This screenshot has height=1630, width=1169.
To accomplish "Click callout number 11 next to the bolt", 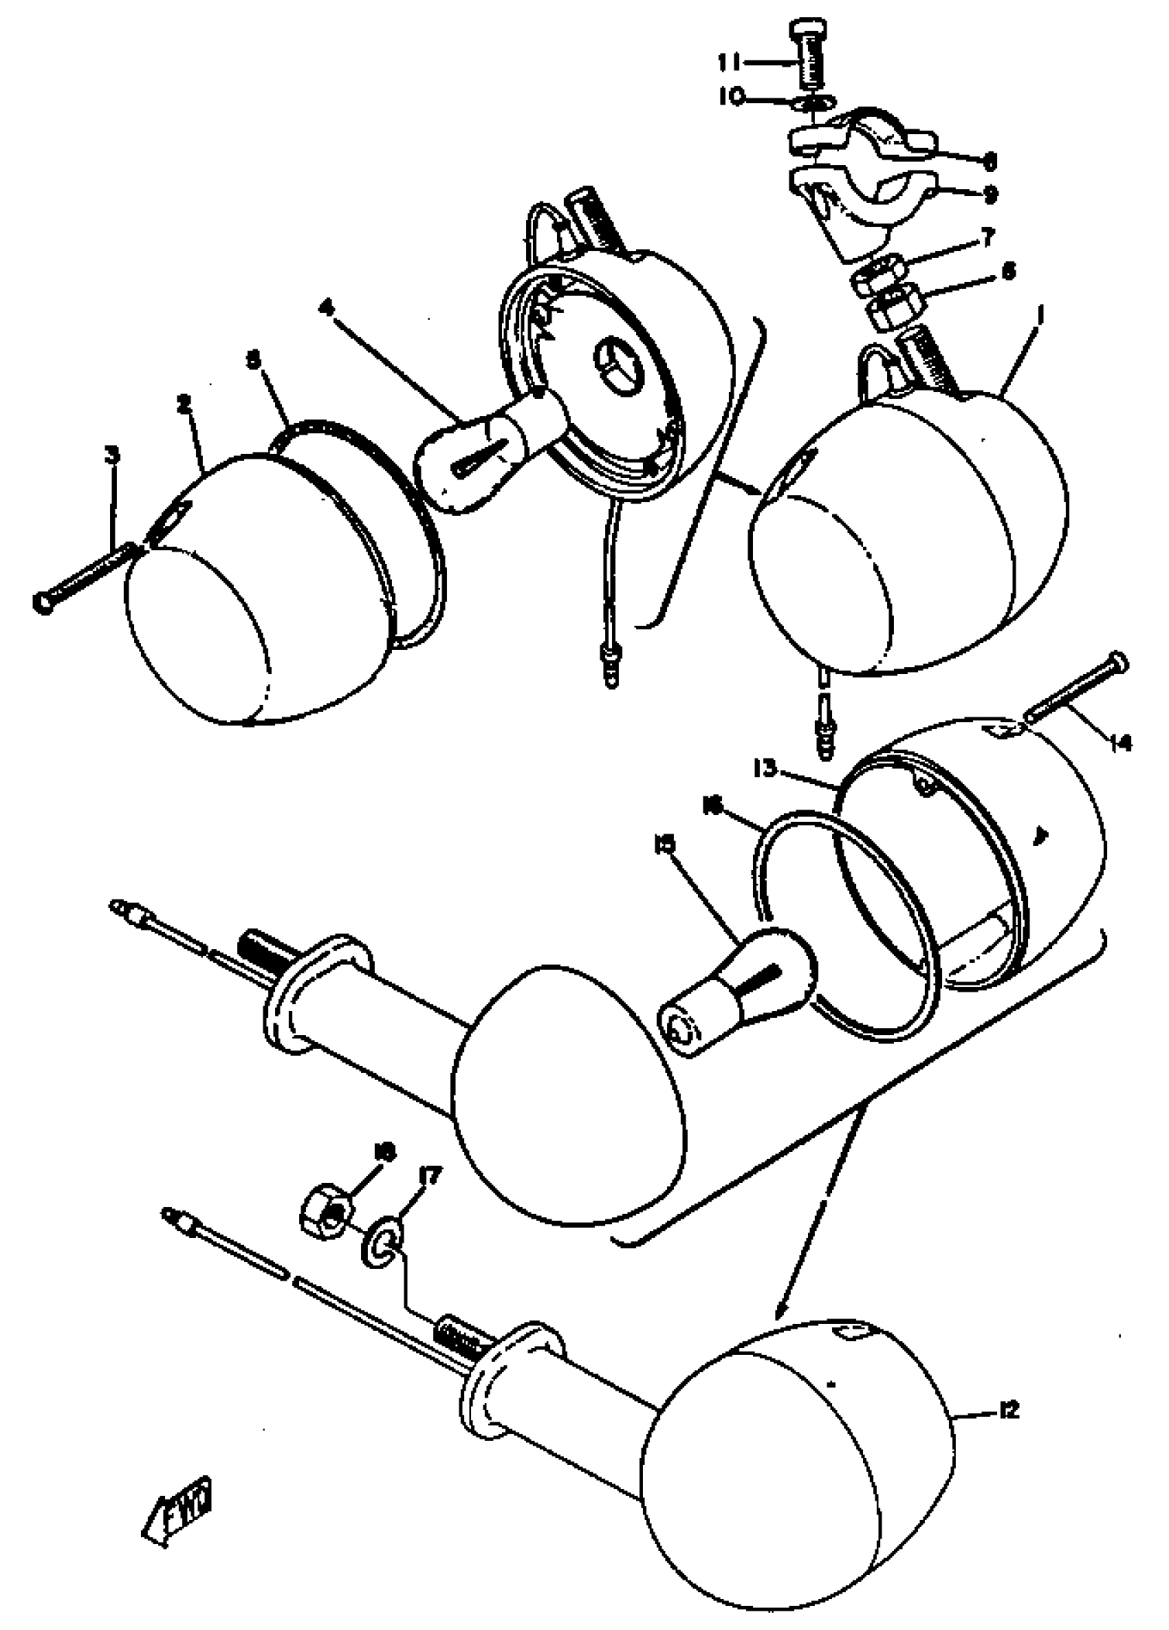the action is [732, 63].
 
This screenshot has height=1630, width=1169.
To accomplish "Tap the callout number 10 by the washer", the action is [733, 97].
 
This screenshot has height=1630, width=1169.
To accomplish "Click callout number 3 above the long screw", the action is [112, 454].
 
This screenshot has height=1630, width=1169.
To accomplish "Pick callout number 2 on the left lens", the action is [185, 404].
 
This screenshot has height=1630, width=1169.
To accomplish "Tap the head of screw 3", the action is [43, 602].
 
